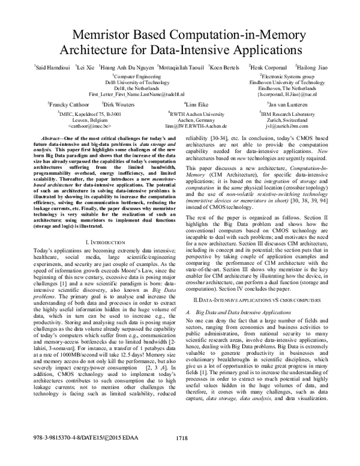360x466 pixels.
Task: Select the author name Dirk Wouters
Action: [131, 104]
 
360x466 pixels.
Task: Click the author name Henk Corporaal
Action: [268, 67]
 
